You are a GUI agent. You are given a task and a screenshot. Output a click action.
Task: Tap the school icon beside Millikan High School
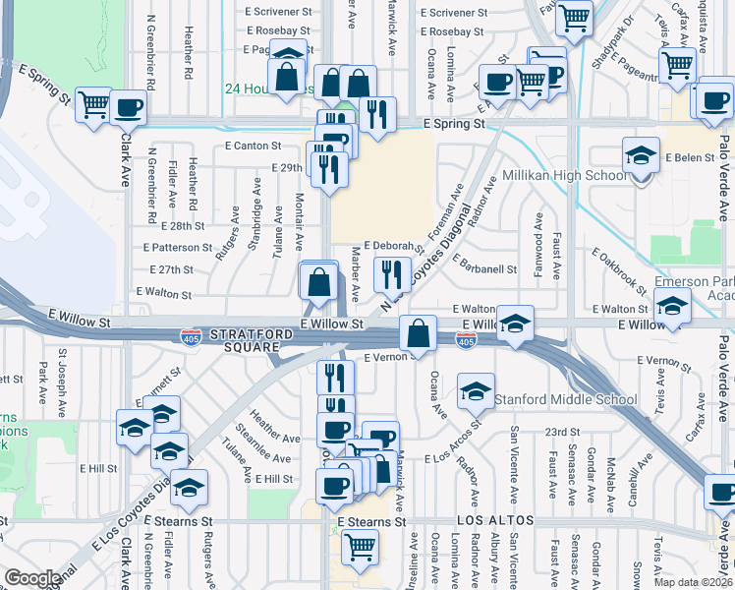coord(640,156)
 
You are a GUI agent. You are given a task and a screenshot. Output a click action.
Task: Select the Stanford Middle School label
coord(565,399)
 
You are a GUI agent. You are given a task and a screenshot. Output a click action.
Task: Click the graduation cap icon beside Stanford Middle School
coord(475,391)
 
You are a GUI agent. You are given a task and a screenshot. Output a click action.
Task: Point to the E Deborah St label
coord(392,246)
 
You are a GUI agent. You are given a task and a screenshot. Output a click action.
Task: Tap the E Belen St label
coord(689,157)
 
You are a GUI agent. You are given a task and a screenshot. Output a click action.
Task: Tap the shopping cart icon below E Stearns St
coord(361,545)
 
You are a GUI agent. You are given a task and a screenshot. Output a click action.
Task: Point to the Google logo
coord(32,578)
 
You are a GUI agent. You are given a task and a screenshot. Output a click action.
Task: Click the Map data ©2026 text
coord(693,582)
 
